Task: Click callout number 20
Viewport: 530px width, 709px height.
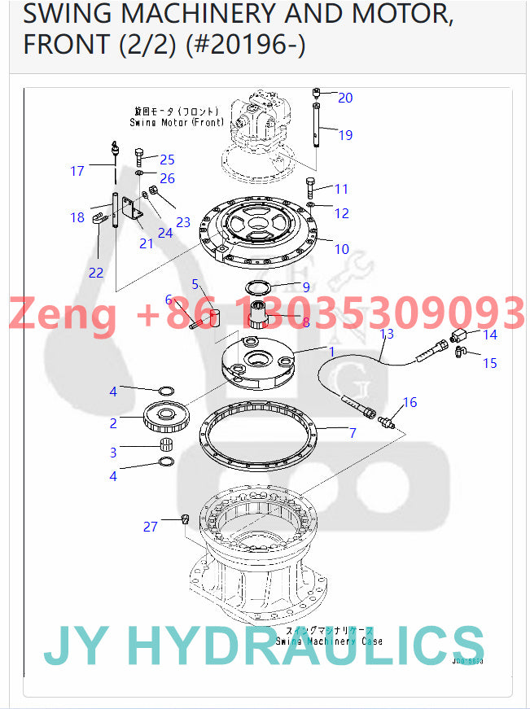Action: pos(345,98)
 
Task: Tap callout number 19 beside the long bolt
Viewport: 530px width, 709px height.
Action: pos(345,135)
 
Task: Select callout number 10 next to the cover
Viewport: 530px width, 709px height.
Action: pos(342,249)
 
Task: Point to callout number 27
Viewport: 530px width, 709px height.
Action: pos(151,527)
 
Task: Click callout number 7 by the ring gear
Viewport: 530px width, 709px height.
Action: pos(353,433)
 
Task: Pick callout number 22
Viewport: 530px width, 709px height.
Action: pos(96,273)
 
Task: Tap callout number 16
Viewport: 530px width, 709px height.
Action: pos(410,402)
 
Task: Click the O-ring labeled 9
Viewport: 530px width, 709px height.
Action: pos(262,287)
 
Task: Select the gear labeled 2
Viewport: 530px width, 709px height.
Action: pos(168,418)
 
